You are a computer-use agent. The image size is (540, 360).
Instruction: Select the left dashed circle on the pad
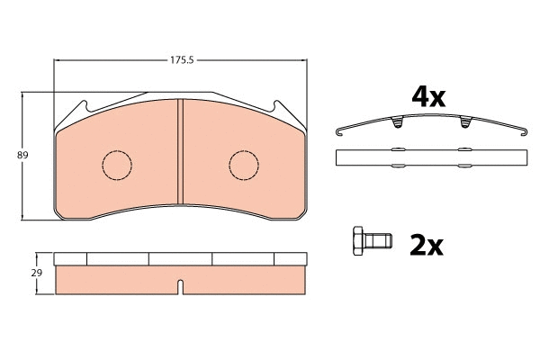tap(114, 164)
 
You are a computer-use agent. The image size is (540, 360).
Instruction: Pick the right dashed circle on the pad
tap(243, 164)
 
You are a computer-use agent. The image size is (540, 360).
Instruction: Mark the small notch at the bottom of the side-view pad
tap(179, 287)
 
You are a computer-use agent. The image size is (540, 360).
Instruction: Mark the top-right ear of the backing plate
tap(281, 106)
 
